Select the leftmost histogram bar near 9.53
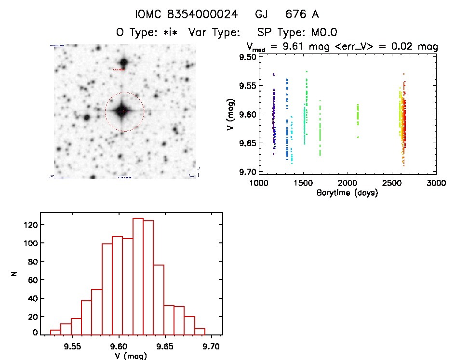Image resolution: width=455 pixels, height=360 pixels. pos(55,332)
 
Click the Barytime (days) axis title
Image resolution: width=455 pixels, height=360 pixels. pos(347,193)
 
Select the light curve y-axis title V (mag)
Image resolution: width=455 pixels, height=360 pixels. pos(231,114)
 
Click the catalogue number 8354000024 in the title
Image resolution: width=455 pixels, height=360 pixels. pos(206,14)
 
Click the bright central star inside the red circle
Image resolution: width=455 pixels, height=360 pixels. pos(122,111)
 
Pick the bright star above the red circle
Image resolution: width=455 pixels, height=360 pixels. pos(124,63)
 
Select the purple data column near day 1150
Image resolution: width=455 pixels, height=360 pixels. pos(273,120)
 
